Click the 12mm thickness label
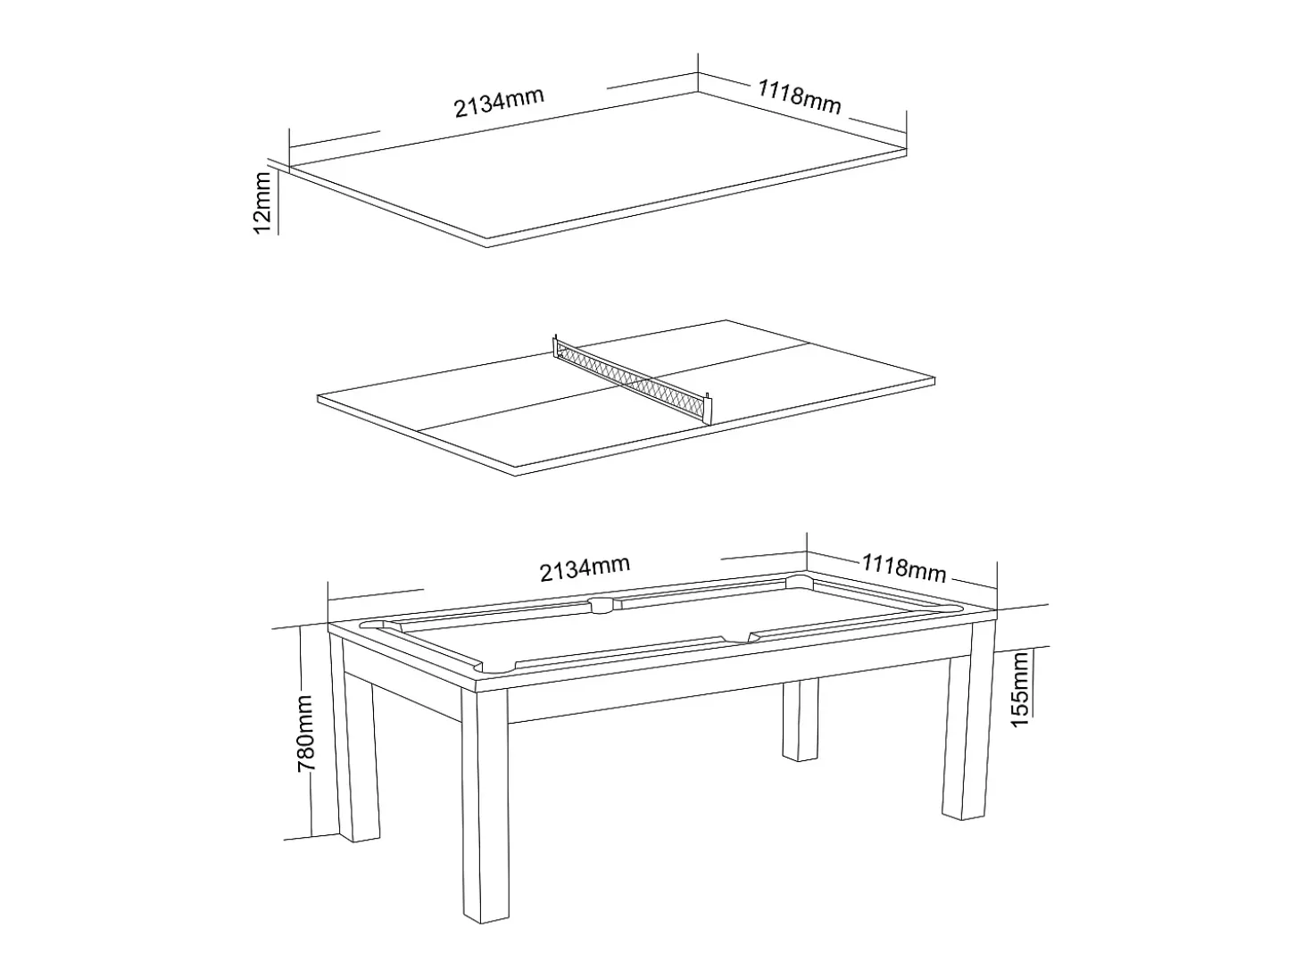tap(261, 203)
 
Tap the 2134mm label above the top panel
tap(499, 103)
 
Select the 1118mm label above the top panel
tap(799, 96)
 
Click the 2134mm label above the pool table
tap(585, 568)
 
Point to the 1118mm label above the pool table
tap(903, 568)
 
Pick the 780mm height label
tap(305, 734)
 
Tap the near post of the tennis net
tap(708, 408)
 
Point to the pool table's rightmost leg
tap(968, 720)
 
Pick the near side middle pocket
tap(734, 638)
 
